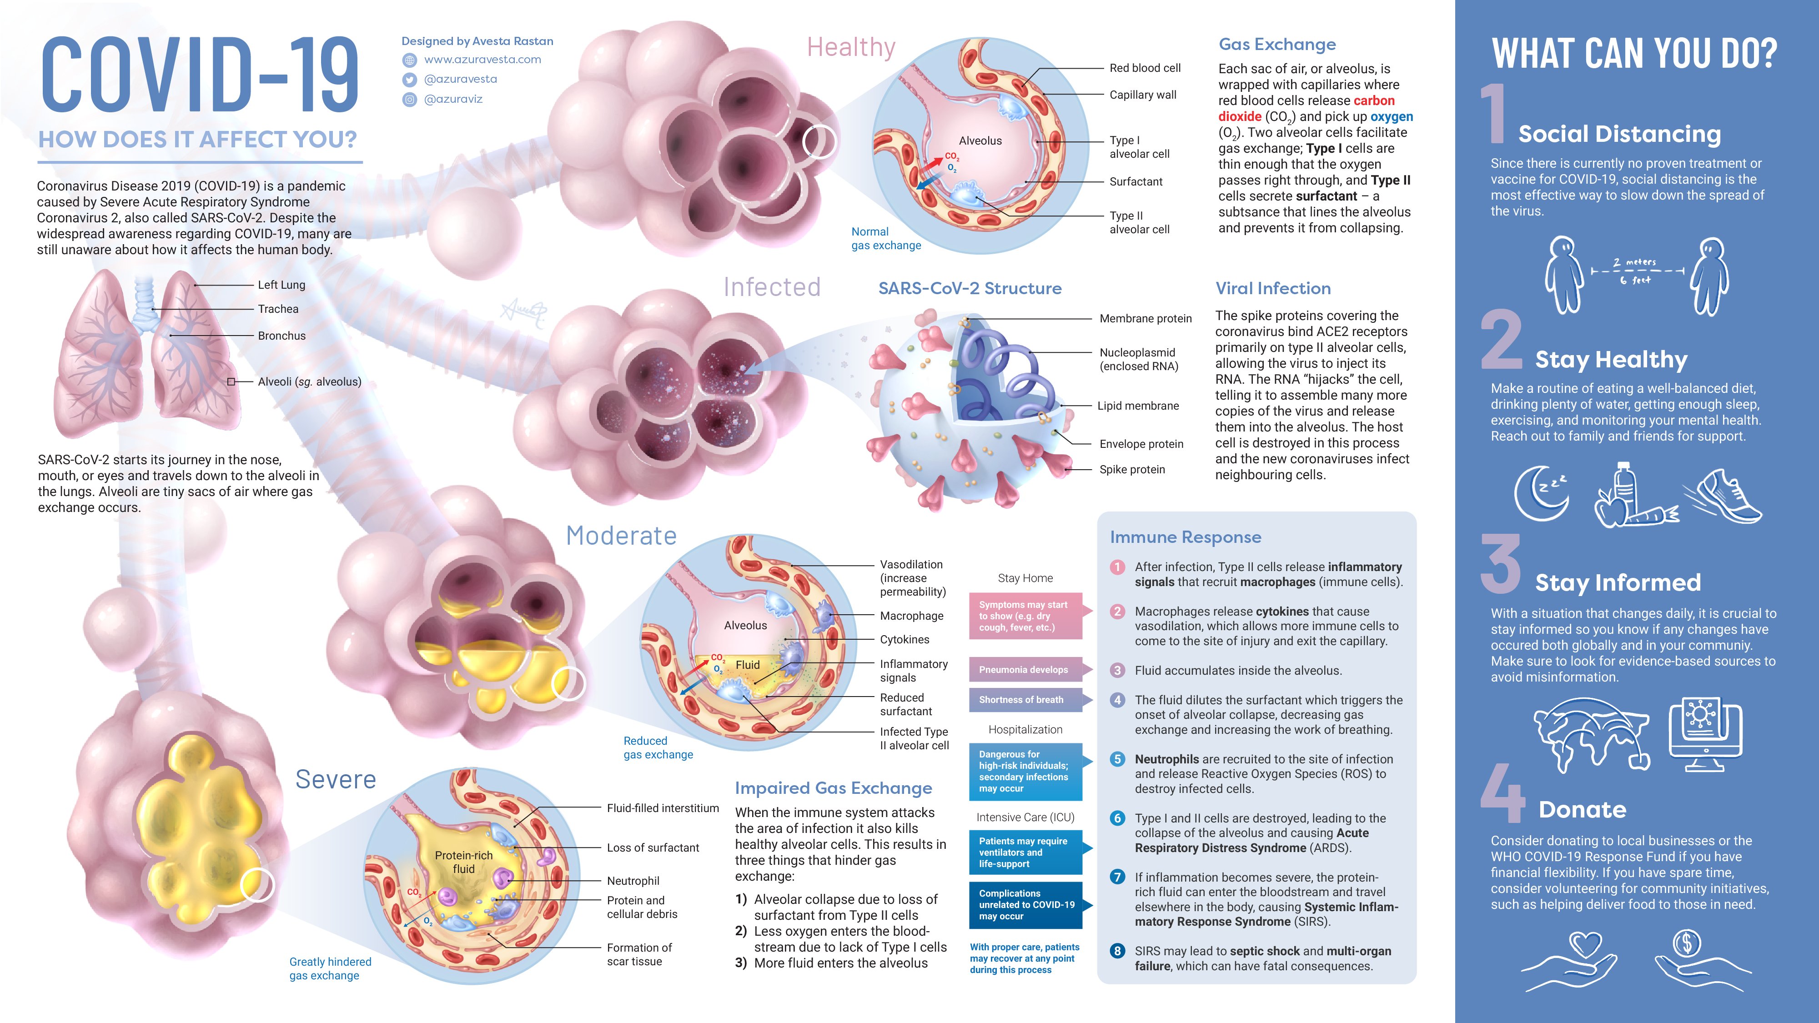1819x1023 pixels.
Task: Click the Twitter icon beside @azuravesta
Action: tap(410, 80)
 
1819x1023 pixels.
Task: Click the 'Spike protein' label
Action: tap(1132, 470)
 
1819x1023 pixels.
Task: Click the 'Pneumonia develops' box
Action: tap(1025, 669)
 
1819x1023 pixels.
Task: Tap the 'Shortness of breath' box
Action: tap(1025, 700)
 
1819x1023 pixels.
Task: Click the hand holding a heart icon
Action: tap(1569, 960)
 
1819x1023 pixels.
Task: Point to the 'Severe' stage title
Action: tap(336, 779)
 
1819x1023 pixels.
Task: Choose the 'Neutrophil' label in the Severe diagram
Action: tap(633, 881)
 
